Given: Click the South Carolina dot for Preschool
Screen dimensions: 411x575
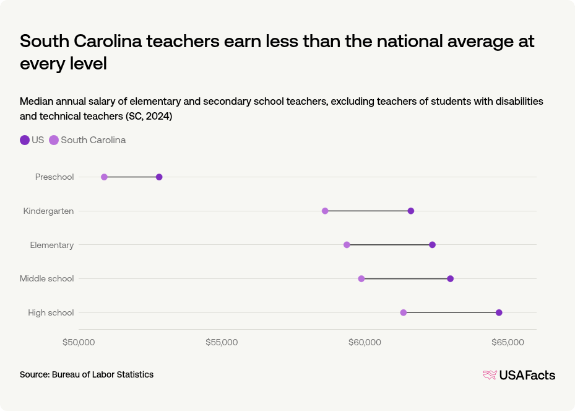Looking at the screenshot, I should (104, 177).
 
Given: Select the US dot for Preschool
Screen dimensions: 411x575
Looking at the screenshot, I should (159, 177).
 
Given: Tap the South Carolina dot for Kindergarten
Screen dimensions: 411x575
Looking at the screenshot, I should (325, 211).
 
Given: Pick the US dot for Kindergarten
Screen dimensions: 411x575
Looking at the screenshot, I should (411, 211).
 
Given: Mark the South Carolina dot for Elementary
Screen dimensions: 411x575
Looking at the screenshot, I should (347, 245).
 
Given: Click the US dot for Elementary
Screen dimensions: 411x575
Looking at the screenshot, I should (432, 245).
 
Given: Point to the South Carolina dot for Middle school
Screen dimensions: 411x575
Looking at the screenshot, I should (361, 278).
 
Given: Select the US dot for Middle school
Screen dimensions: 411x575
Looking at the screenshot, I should (450, 278).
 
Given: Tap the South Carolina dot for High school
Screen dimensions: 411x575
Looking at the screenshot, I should (404, 312).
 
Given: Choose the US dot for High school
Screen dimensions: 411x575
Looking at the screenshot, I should (499, 312).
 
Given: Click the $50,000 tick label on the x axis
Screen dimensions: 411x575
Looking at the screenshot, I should (79, 343).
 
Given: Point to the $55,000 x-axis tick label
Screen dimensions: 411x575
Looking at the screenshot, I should (222, 343).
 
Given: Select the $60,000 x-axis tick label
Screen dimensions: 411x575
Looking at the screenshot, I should (365, 343).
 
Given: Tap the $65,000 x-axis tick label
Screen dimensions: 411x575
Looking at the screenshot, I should (508, 343).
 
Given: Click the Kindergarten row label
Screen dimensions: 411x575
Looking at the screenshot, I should (48, 211).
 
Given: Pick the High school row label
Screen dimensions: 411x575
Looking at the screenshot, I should (51, 312).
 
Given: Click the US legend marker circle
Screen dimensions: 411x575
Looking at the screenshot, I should (25, 140).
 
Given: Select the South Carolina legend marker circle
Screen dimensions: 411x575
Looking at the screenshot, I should (54, 140).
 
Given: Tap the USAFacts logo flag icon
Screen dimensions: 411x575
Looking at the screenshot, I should (490, 374).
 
